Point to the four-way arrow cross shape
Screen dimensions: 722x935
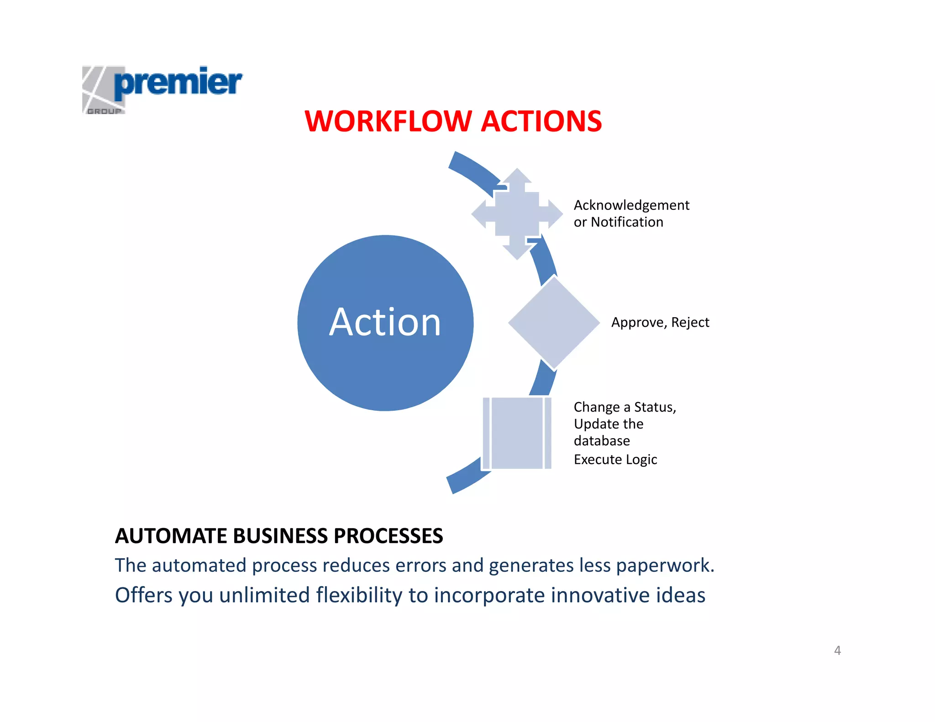pos(517,214)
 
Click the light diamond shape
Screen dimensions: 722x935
pos(554,323)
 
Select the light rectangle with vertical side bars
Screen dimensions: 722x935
pos(517,433)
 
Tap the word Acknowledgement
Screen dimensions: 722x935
pos(631,205)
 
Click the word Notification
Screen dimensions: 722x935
pos(627,222)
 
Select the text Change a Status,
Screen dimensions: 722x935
pos(625,407)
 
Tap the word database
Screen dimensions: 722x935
pos(602,441)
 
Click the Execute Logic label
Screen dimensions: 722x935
pos(615,460)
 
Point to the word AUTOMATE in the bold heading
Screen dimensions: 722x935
pos(171,536)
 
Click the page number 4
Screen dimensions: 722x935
pos(837,650)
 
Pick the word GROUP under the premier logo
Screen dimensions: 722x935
pos(105,111)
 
